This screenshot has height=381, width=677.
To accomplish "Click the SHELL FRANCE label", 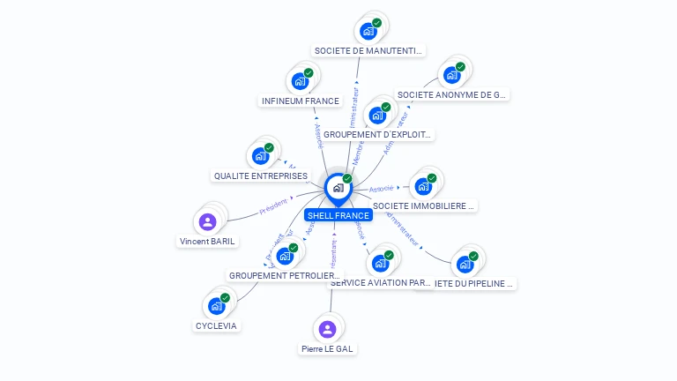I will click(338, 215).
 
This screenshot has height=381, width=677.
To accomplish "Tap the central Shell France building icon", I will click(338, 187).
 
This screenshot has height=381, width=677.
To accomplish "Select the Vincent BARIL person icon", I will click(208, 221).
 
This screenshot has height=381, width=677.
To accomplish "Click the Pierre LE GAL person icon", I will click(327, 330).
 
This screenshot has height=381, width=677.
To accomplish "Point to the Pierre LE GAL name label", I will click(327, 349).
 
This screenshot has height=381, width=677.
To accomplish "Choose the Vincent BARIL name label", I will click(208, 241).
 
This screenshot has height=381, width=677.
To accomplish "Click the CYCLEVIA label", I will click(216, 325).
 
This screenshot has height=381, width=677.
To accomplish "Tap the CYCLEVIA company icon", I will click(216, 306).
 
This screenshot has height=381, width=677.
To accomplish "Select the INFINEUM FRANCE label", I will click(300, 101).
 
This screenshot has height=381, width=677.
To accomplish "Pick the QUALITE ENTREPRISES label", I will click(261, 176).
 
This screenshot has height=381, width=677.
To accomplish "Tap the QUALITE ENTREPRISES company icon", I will click(260, 157).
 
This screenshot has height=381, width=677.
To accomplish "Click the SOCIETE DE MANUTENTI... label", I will click(368, 51).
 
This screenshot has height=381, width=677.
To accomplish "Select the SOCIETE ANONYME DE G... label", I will click(452, 94).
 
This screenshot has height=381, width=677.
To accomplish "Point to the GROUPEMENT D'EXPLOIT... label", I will click(377, 135).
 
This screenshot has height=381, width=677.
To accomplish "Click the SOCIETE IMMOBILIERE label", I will click(424, 206).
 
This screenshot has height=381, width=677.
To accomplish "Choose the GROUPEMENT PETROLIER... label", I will click(284, 276).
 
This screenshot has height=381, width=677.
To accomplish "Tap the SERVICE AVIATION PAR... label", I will click(380, 283).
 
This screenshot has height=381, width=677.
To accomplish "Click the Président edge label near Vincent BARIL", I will click(274, 206).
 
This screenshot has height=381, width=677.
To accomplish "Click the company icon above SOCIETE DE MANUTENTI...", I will click(368, 31).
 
